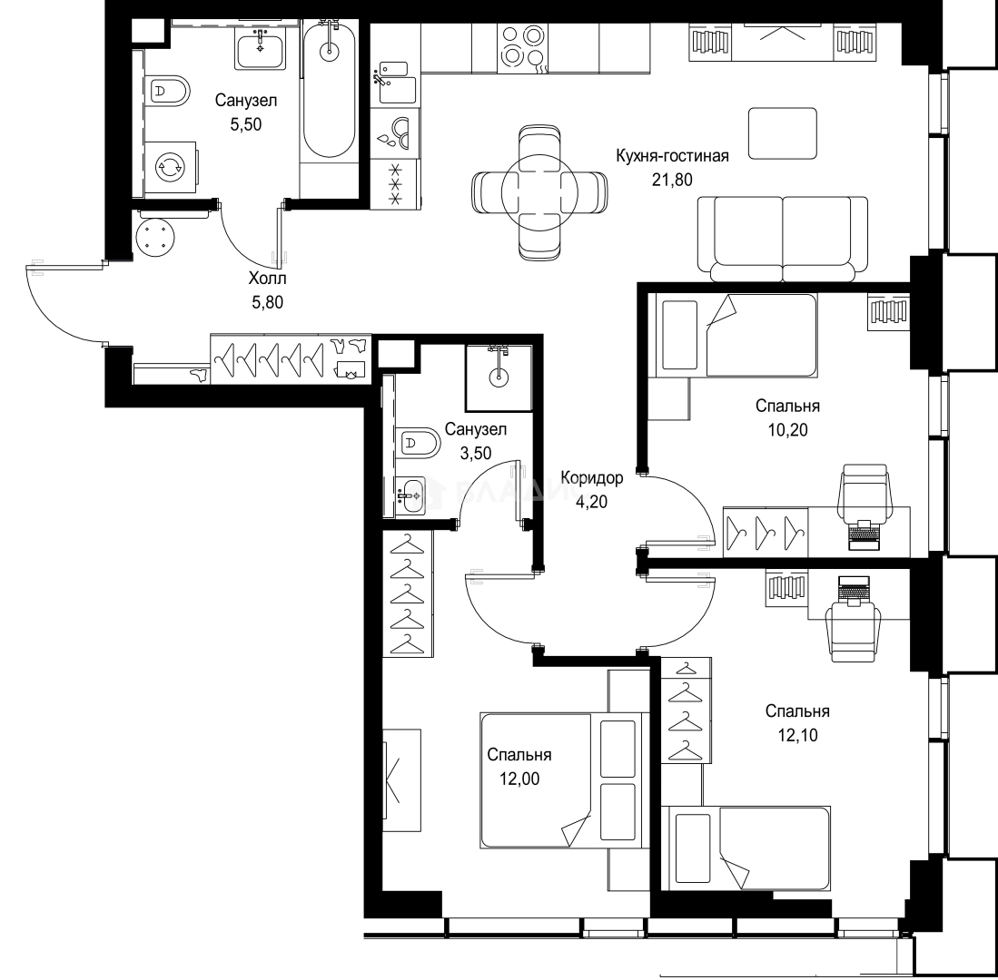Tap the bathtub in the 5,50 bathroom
pos(329,89)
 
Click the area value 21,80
pos(672,180)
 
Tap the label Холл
pos(267,278)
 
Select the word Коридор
pos(592,477)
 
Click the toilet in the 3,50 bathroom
pos(418,442)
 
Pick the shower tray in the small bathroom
pos(499,378)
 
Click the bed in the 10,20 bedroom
pos(739,335)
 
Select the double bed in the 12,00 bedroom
pos(565,780)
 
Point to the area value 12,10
pos(797,735)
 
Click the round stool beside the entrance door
pos(154,237)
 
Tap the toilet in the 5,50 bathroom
pos(167,92)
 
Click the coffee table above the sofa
pos(782,133)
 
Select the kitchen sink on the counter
pos(395,82)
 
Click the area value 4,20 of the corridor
pos(591,502)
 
